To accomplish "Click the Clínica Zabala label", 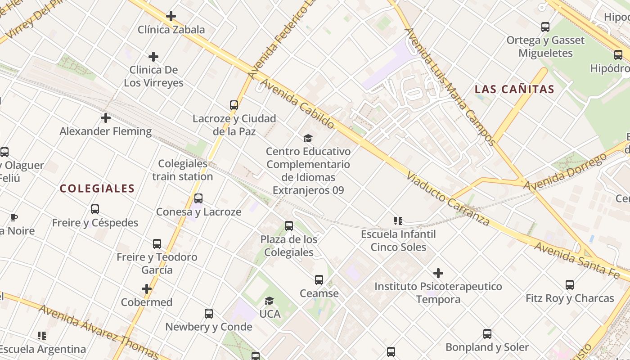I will point(171,30).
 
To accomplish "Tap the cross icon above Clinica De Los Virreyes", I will point(153,57).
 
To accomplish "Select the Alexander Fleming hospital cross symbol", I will point(106,118).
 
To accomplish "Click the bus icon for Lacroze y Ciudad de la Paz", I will point(234,105).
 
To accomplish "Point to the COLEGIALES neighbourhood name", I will point(97,189).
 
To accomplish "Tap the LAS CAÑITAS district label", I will point(514,89).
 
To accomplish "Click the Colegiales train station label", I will point(182,170).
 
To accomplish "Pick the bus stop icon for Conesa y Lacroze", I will point(198,198).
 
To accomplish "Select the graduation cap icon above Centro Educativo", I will point(308,138).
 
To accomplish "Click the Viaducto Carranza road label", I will point(448,198).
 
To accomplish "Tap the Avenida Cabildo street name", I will point(297,103).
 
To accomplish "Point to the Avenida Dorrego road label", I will point(565,173).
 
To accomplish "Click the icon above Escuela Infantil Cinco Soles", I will point(398,220).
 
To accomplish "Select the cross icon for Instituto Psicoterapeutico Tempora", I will point(438,273).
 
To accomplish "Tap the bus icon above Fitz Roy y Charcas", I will point(570,285).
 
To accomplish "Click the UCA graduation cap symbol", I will point(269,301).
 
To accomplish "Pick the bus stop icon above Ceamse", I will point(319,280).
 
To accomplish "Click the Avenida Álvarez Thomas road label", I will point(99,332).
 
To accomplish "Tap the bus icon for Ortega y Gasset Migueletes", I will point(545,27).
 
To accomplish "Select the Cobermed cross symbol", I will point(147,289).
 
